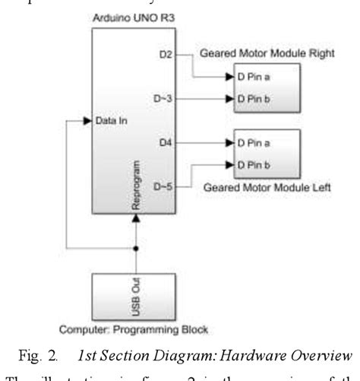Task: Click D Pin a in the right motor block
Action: pyautogui.click(x=255, y=78)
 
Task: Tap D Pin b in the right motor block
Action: pyautogui.click(x=255, y=98)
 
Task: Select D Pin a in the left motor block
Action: pyautogui.click(x=255, y=142)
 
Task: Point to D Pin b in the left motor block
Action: pyautogui.click(x=255, y=163)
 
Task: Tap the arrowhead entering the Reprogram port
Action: pyautogui.click(x=137, y=218)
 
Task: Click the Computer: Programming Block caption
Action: pyautogui.click(x=135, y=330)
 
